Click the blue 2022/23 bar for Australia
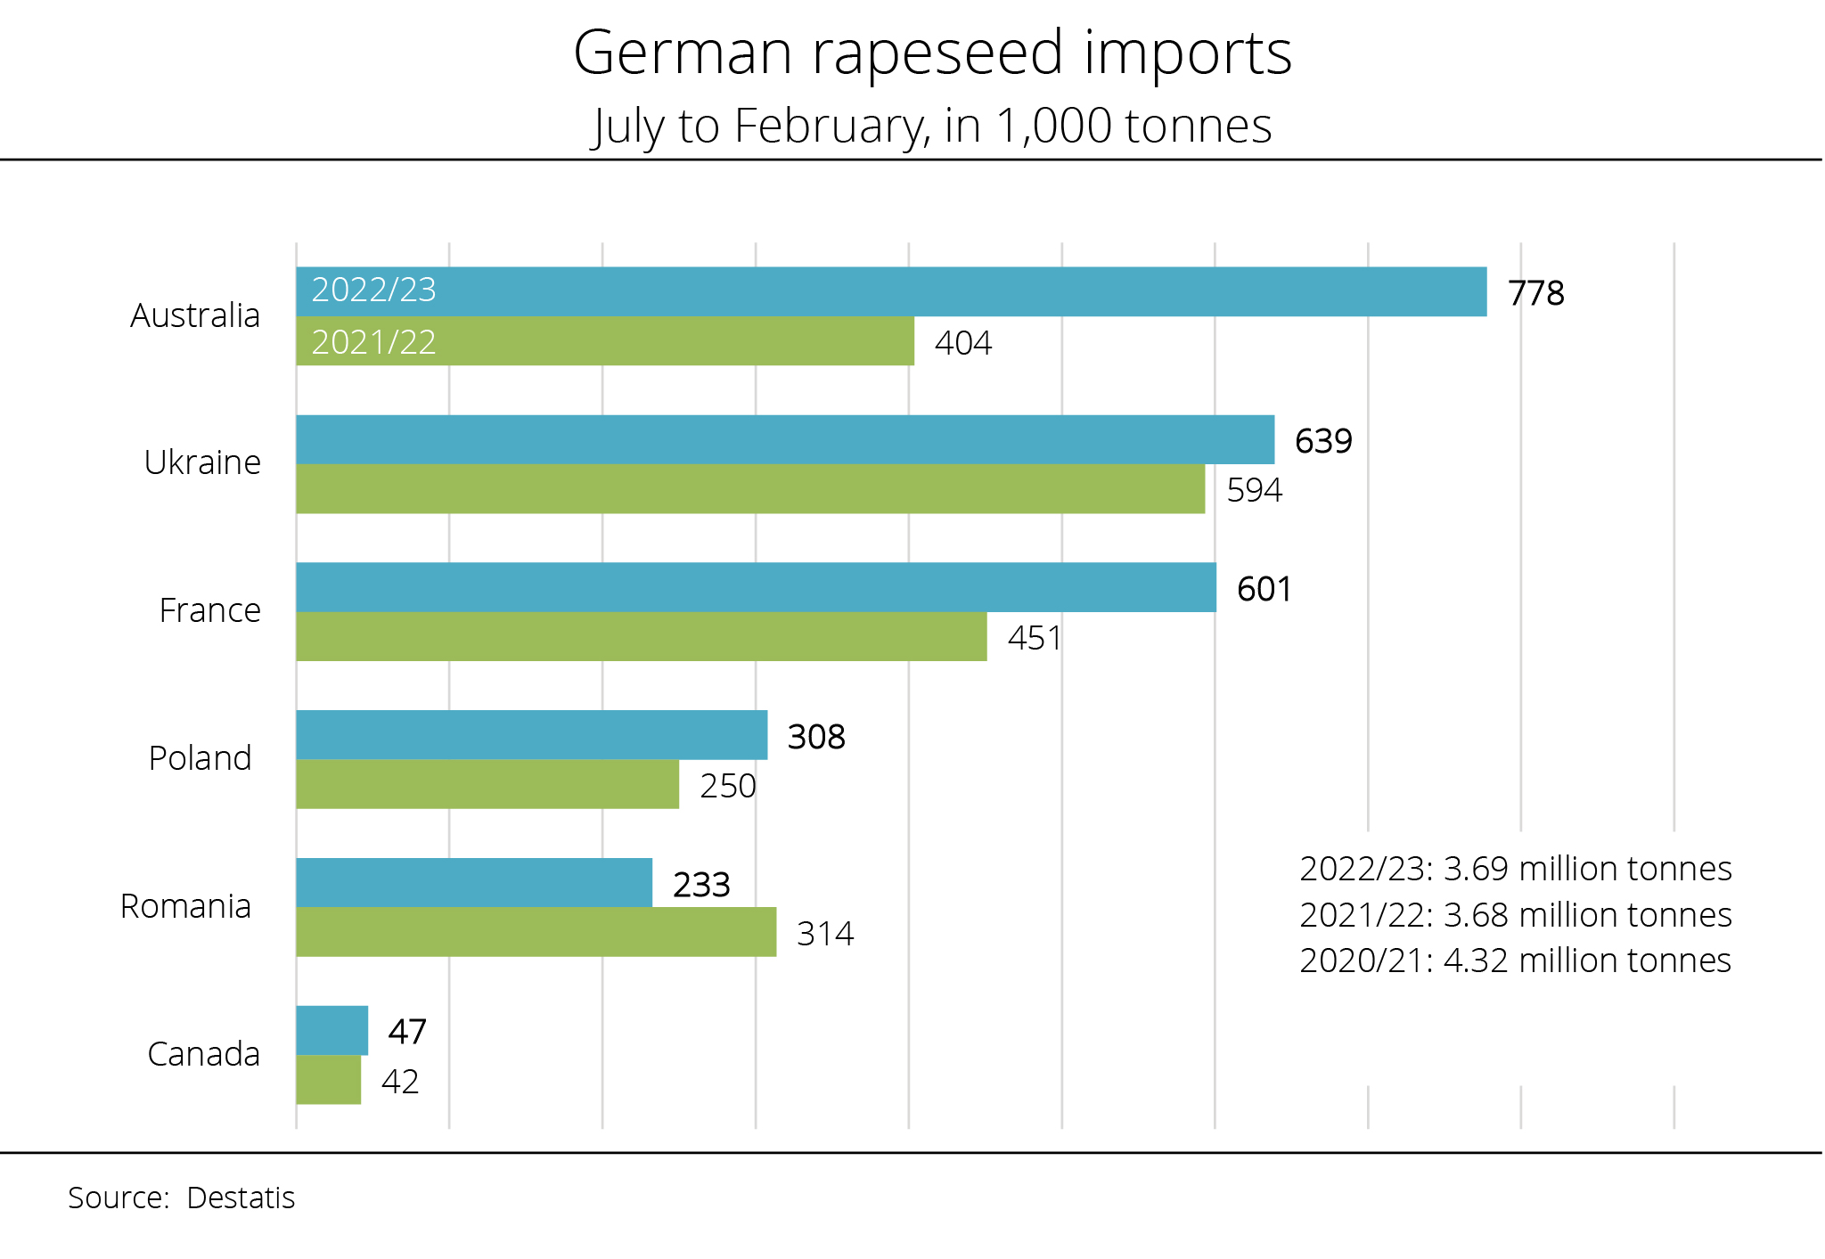click(891, 291)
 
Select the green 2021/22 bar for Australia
click(606, 341)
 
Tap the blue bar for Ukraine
click(784, 439)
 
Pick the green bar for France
click(642, 636)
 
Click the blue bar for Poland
click(531, 735)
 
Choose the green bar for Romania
click(536, 932)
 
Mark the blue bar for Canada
click(331, 1030)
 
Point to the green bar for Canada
click(328, 1080)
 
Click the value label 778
click(1535, 293)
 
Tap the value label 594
click(1254, 490)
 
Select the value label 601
click(1264, 589)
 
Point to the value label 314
click(825, 934)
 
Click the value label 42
click(400, 1082)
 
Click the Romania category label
click(185, 906)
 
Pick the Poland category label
click(200, 758)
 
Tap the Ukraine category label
click(202, 462)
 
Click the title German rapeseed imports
click(932, 53)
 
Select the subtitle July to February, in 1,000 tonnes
click(932, 126)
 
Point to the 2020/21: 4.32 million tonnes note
click(1515, 961)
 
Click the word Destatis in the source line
click(241, 1198)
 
